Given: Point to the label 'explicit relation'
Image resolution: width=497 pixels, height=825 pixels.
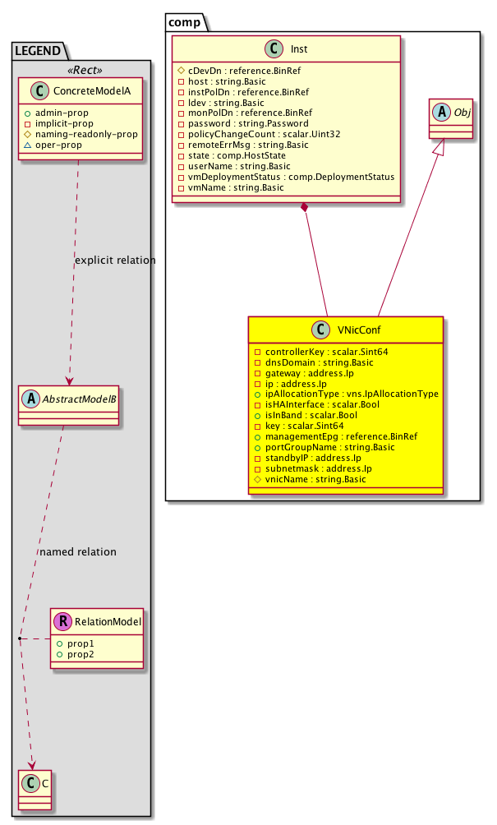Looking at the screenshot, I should pyautogui.click(x=114, y=260).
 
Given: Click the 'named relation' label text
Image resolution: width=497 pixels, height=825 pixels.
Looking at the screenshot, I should pyautogui.click(x=77, y=551).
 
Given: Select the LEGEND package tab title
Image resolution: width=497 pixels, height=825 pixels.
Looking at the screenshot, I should pyautogui.click(x=38, y=51).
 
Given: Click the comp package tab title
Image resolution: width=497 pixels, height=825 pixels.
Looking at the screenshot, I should pyautogui.click(x=186, y=21).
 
